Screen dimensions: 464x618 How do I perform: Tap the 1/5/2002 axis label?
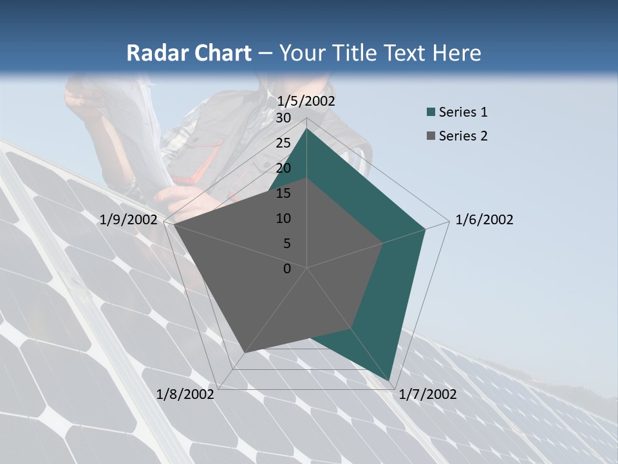(x=306, y=101)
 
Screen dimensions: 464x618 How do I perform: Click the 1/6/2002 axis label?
(x=484, y=220)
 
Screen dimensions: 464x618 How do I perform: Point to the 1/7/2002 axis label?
(x=427, y=394)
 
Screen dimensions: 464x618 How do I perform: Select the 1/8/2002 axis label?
(x=185, y=394)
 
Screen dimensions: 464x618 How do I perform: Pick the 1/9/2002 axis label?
(x=129, y=220)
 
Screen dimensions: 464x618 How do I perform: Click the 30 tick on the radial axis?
(x=283, y=118)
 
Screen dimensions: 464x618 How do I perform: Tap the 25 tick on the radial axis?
(x=283, y=143)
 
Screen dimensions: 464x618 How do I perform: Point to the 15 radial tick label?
(x=283, y=193)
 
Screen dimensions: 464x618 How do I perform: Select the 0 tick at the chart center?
(x=287, y=269)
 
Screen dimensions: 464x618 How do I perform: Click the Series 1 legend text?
(x=463, y=112)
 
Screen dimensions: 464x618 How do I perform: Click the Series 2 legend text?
(x=463, y=136)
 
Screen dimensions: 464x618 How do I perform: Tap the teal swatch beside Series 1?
(x=431, y=113)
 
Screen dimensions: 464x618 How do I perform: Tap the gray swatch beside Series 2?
(x=431, y=137)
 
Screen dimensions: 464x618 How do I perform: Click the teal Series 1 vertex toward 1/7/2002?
(x=389, y=380)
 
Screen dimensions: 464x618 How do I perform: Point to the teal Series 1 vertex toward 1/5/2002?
(x=306, y=129)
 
